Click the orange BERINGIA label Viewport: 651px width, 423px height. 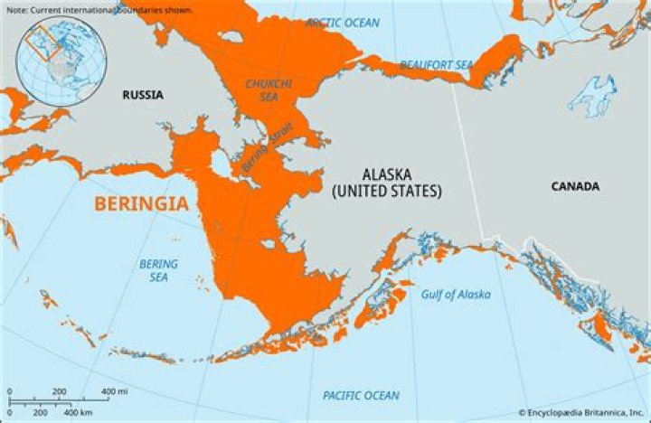point(142,203)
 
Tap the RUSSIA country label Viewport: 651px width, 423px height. point(145,94)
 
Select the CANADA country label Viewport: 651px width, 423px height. point(575,186)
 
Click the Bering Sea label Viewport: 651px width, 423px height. point(158,270)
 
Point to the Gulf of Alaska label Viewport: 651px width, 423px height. point(456,295)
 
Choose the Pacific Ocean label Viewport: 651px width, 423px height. point(361,396)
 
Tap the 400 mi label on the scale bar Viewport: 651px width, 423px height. point(113,391)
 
